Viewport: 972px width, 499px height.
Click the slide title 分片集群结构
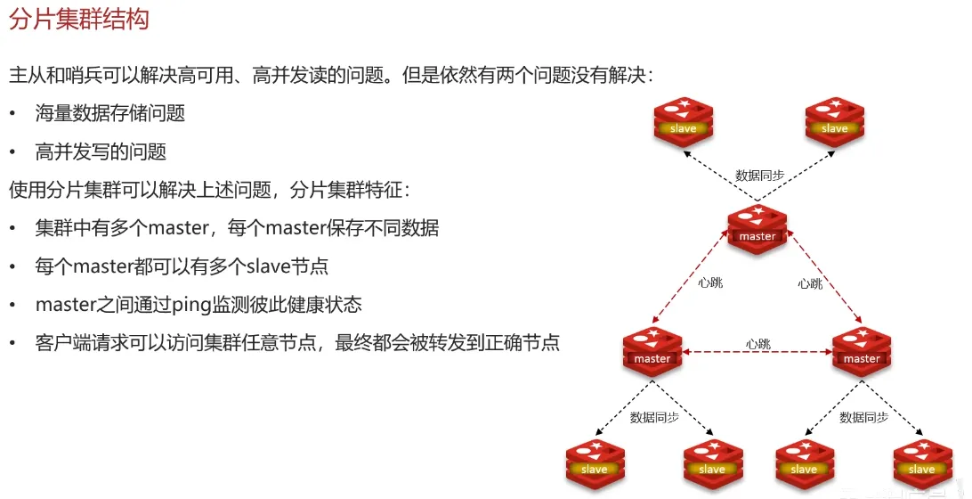click(x=78, y=20)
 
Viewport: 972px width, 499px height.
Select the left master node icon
click(x=652, y=351)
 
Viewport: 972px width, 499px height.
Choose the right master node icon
click(x=861, y=351)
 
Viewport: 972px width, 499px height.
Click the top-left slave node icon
click(x=683, y=121)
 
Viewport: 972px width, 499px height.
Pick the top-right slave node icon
click(x=834, y=121)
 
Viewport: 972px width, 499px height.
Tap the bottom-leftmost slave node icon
click(x=595, y=462)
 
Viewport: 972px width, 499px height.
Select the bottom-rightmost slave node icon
click(x=921, y=462)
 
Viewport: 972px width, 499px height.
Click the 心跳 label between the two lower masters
click(x=758, y=343)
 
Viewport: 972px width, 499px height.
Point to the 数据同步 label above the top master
click(x=759, y=176)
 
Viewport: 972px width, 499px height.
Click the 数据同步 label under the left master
click(x=654, y=416)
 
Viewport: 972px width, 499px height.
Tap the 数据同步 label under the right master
click(x=863, y=416)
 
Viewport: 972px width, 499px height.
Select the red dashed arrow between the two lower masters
click(x=757, y=354)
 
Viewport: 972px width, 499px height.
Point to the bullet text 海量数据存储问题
click(x=110, y=113)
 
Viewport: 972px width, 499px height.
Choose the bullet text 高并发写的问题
click(x=101, y=151)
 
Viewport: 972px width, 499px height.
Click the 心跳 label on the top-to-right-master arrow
click(x=810, y=283)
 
